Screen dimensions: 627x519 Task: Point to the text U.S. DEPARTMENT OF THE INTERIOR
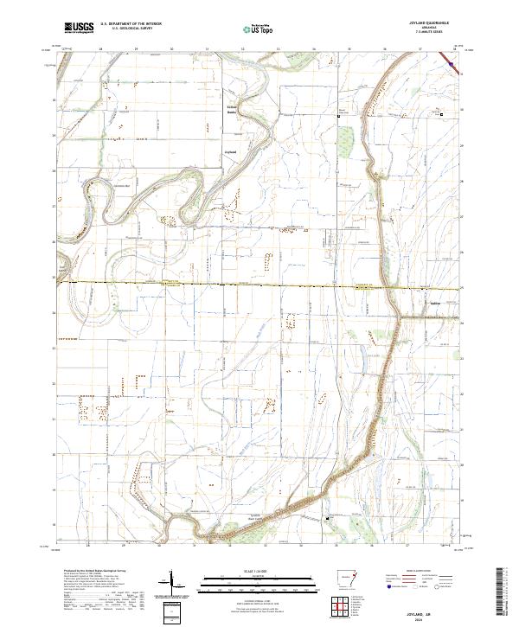(131, 24)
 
